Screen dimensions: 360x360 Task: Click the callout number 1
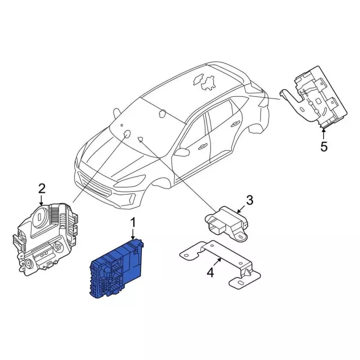point(133,223)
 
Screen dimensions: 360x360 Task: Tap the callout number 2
point(42,189)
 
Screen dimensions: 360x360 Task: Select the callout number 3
point(249,200)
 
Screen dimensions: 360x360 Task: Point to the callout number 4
point(210,273)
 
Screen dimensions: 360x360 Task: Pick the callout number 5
point(324,146)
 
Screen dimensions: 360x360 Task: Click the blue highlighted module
point(116,269)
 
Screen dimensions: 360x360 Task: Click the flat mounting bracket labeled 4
point(220,264)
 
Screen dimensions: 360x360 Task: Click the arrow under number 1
point(133,235)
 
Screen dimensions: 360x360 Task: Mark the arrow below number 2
point(41,200)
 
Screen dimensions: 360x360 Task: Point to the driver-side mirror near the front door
point(182,152)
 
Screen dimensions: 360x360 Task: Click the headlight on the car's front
point(130,181)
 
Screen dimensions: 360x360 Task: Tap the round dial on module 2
point(40,217)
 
